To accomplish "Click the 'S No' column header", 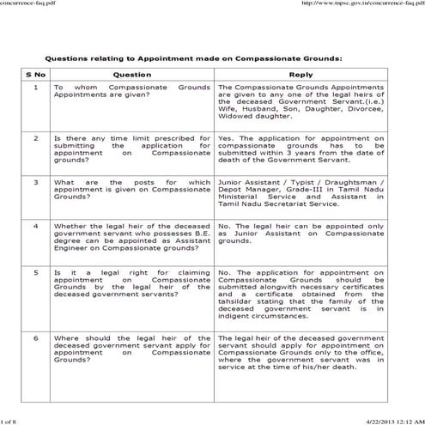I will pos(35,75).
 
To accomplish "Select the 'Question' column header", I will pos(132,75).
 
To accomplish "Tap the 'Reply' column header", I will pos(301,75).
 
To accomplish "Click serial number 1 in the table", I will pos(35,88).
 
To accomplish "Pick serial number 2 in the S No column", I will pos(35,137).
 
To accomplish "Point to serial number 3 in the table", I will pos(35,182).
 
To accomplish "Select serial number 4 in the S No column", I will pos(35,226).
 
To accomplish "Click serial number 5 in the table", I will pos(35,272).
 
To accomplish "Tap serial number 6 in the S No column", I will pos(35,338).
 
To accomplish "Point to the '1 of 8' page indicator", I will pos(9,419).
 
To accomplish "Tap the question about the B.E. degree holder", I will pos(132,239).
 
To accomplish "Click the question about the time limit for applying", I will pos(132,148).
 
